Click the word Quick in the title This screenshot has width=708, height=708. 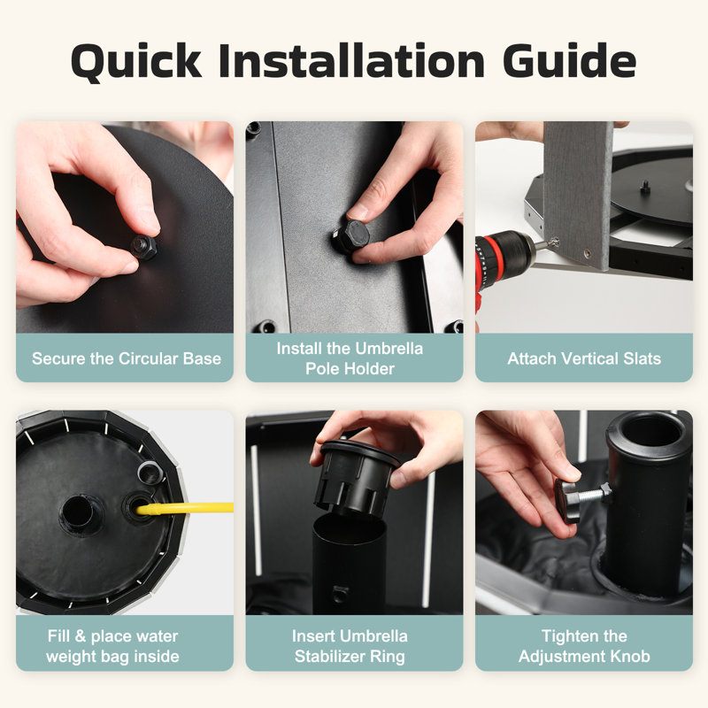136,62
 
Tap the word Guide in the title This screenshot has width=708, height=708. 569,60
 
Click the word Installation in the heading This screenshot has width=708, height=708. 351,60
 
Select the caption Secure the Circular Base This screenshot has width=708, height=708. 127,358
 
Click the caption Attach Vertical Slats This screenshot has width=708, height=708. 584,358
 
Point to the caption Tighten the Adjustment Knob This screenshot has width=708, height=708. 584,646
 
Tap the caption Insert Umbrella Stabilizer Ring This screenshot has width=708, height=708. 350,646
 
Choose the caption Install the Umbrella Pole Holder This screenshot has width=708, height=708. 350,358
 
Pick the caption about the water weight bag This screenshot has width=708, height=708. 113,646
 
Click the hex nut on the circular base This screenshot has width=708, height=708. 144,247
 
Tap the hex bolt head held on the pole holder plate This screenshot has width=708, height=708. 350,236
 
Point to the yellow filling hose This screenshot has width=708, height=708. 185,508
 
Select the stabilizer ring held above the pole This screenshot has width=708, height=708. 357,478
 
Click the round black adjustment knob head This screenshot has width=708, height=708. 567,500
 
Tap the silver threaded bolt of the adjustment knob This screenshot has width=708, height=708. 595,493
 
